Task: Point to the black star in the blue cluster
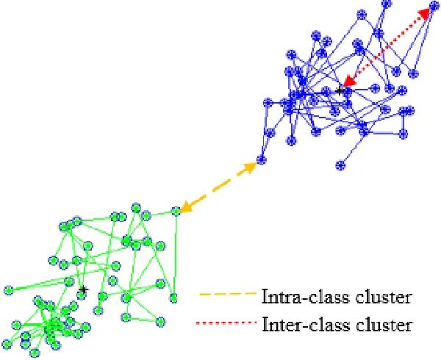click(340, 91)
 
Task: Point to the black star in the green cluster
click(84, 290)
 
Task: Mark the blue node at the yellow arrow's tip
click(260, 161)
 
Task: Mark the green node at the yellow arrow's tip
click(176, 212)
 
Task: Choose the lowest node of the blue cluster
click(340, 165)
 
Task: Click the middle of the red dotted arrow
click(387, 47)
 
